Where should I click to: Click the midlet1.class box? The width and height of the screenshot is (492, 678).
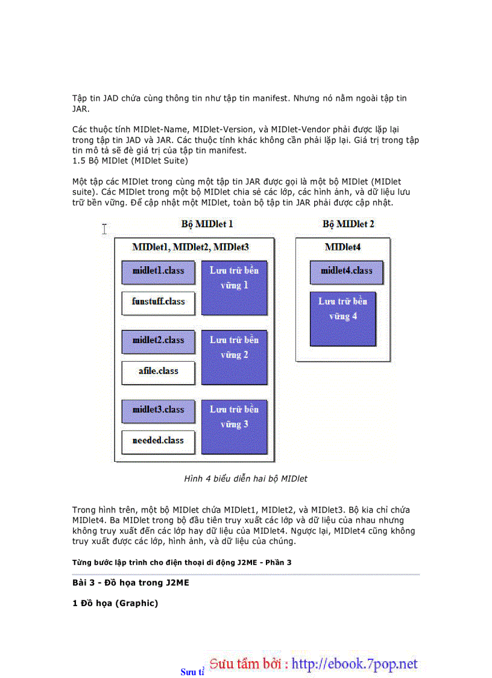(158, 272)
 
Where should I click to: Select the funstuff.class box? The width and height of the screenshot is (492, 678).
(158, 302)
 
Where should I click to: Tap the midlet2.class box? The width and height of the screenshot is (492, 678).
(158, 341)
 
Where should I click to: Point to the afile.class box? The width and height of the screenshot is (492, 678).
(158, 372)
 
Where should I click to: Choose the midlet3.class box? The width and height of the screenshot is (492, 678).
(158, 411)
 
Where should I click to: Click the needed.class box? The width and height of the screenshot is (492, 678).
(158, 441)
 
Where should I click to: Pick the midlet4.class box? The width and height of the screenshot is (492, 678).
(346, 272)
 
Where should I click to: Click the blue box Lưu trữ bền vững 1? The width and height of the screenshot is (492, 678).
(234, 287)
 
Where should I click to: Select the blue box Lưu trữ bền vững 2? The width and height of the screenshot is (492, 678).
(234, 357)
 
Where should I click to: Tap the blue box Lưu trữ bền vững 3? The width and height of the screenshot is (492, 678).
(234, 426)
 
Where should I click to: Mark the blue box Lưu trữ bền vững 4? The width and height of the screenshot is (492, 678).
(342, 318)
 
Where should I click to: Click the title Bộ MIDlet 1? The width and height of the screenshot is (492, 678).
(207, 224)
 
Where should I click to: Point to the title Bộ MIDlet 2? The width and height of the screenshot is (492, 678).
(348, 224)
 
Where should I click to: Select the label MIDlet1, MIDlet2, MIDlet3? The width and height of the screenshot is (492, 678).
(191, 247)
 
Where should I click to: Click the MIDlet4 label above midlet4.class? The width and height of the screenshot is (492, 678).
(342, 247)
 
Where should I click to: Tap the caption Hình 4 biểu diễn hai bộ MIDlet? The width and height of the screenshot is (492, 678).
(245, 479)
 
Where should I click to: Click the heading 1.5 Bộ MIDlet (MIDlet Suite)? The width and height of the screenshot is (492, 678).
(130, 161)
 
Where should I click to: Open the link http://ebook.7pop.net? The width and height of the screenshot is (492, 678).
(355, 664)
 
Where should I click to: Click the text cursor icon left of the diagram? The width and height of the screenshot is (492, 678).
(104, 228)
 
